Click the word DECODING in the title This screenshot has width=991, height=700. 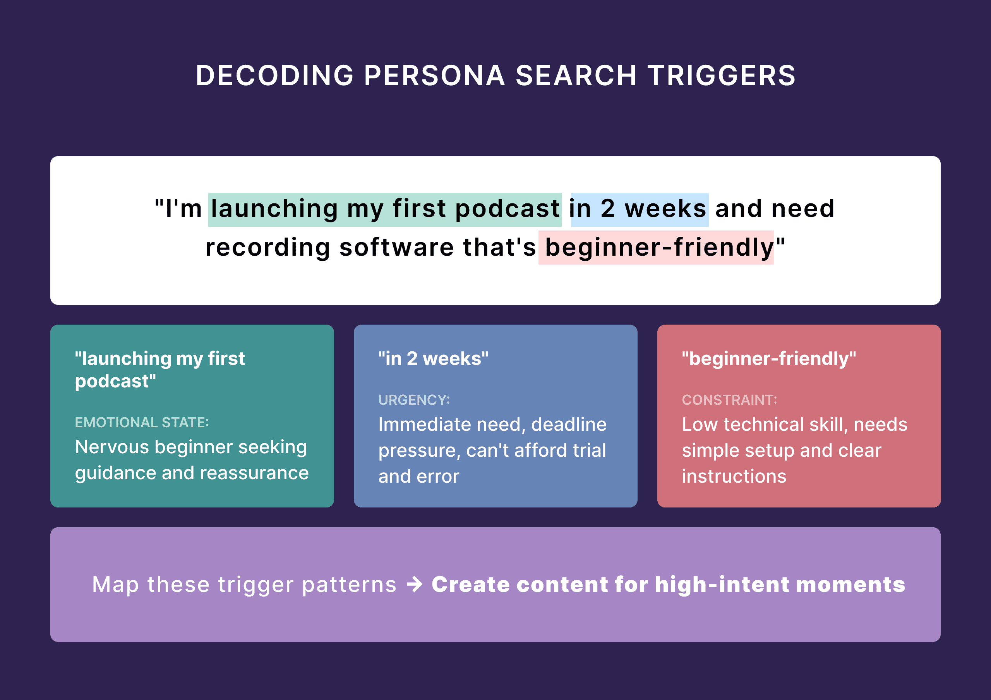pos(274,76)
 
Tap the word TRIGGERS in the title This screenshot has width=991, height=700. pos(721,76)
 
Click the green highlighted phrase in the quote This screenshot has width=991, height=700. pos(384,209)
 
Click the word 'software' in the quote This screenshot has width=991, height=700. pos(396,248)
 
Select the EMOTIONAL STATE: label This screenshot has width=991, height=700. pos(142,422)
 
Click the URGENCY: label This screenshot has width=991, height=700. pos(414,400)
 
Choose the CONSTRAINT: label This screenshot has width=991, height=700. pos(729,400)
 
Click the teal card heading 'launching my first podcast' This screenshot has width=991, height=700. pos(160,370)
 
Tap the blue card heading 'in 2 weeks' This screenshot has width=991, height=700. pos(433,358)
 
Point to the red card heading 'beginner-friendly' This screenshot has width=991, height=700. pos(768,358)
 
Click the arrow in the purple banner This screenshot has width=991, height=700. pos(415,584)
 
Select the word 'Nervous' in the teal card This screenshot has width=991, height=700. pos(112,447)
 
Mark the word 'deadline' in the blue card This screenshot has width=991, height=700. pos(568,425)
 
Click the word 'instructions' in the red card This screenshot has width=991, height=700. pos(734,476)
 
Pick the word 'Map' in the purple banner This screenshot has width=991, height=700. pos(115,585)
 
